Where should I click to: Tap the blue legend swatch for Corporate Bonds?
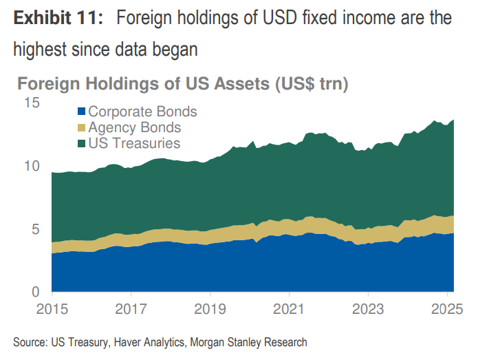coord(82,112)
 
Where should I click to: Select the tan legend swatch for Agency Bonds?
coord(82,128)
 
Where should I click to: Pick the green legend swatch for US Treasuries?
coord(82,144)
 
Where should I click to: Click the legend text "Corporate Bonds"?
coord(142,112)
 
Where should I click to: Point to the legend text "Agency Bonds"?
coord(135,127)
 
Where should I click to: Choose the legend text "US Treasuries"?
coord(135,143)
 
